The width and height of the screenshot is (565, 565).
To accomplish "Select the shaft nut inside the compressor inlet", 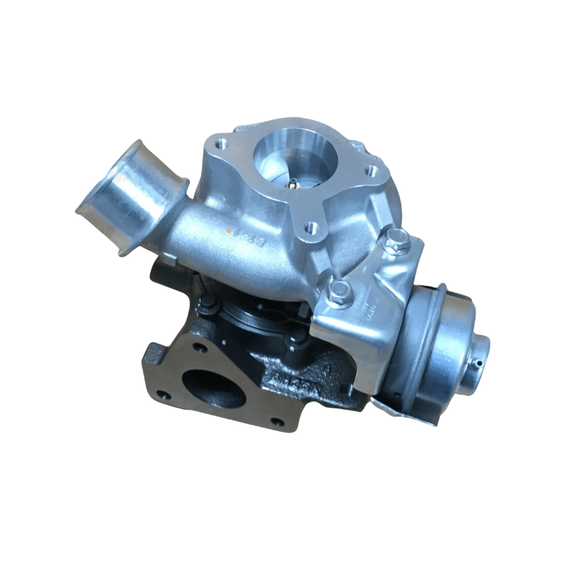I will [x=292, y=184].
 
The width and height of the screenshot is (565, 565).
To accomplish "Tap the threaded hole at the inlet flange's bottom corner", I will [x=309, y=227].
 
